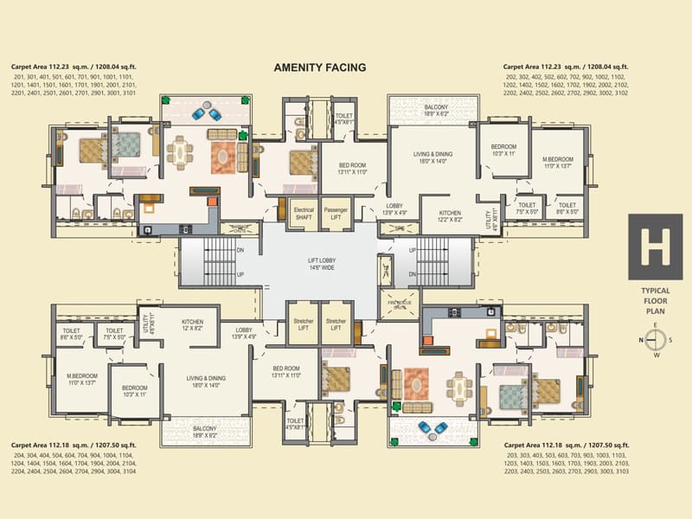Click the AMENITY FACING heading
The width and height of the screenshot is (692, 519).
tap(320, 67)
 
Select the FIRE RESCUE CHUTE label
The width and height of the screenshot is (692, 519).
tap(400, 304)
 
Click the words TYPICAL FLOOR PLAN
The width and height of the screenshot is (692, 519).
tap(655, 300)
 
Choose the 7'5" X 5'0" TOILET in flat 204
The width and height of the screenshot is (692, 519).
tap(113, 334)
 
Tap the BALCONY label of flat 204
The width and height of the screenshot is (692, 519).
tap(205, 432)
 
